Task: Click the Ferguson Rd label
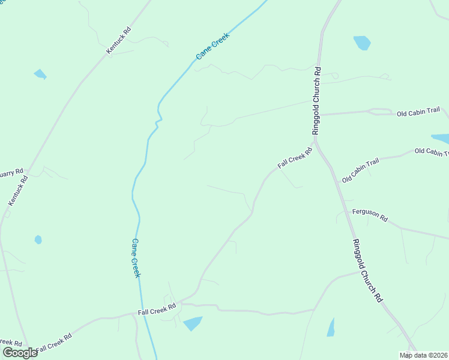[370, 214]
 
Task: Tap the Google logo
[20, 352]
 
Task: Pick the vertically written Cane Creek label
[136, 258]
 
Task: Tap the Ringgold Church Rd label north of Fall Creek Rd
[316, 101]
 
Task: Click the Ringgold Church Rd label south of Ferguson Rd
[367, 270]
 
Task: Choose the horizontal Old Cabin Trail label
[418, 112]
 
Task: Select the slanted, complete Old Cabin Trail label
[361, 171]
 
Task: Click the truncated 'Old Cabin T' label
[432, 152]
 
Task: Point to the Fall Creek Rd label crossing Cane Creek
[157, 309]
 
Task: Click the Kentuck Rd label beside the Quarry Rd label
[18, 191]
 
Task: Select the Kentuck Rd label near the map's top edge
[119, 41]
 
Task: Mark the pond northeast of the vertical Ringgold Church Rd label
[362, 43]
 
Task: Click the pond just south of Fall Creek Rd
[193, 323]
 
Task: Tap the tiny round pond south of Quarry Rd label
[38, 239]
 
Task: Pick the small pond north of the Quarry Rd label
[40, 74]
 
